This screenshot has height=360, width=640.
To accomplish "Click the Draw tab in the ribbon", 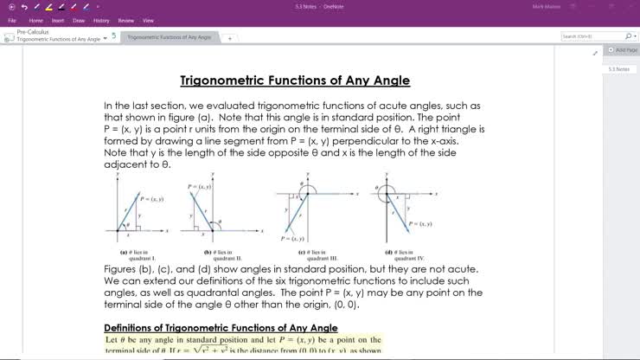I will pyautogui.click(x=80, y=20).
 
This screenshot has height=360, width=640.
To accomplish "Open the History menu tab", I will pyautogui.click(x=102, y=20).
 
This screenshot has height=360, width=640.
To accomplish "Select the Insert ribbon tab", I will pyautogui.click(x=58, y=20).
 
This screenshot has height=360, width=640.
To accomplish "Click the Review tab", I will pyautogui.click(x=126, y=20).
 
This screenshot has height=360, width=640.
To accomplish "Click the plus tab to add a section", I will pyautogui.click(x=230, y=38).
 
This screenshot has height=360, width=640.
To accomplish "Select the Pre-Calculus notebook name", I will pyautogui.click(x=33, y=32).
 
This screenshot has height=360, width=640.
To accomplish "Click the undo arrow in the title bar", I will pyautogui.click(x=24, y=7).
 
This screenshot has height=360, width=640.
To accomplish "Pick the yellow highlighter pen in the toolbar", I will pyautogui.click(x=48, y=7).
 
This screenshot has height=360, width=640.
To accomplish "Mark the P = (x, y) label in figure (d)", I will pyautogui.click(x=420, y=223).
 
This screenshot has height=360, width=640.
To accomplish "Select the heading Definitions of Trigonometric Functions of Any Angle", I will pyautogui.click(x=221, y=328).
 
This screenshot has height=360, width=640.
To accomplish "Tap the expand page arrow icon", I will pyautogui.click(x=595, y=54).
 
